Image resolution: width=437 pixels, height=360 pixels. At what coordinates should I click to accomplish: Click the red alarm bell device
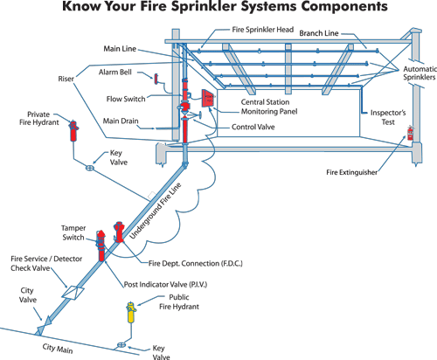pos(156,80)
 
